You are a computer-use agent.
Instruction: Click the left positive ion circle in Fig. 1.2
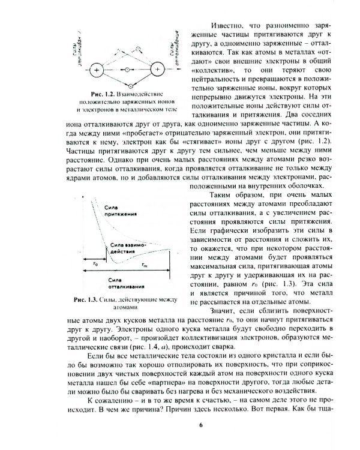tap(96, 70)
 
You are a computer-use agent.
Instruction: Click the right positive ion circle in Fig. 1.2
tap(157, 70)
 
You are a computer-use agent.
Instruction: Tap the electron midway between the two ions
tap(127, 70)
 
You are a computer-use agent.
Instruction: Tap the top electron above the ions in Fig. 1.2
tap(139, 48)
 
